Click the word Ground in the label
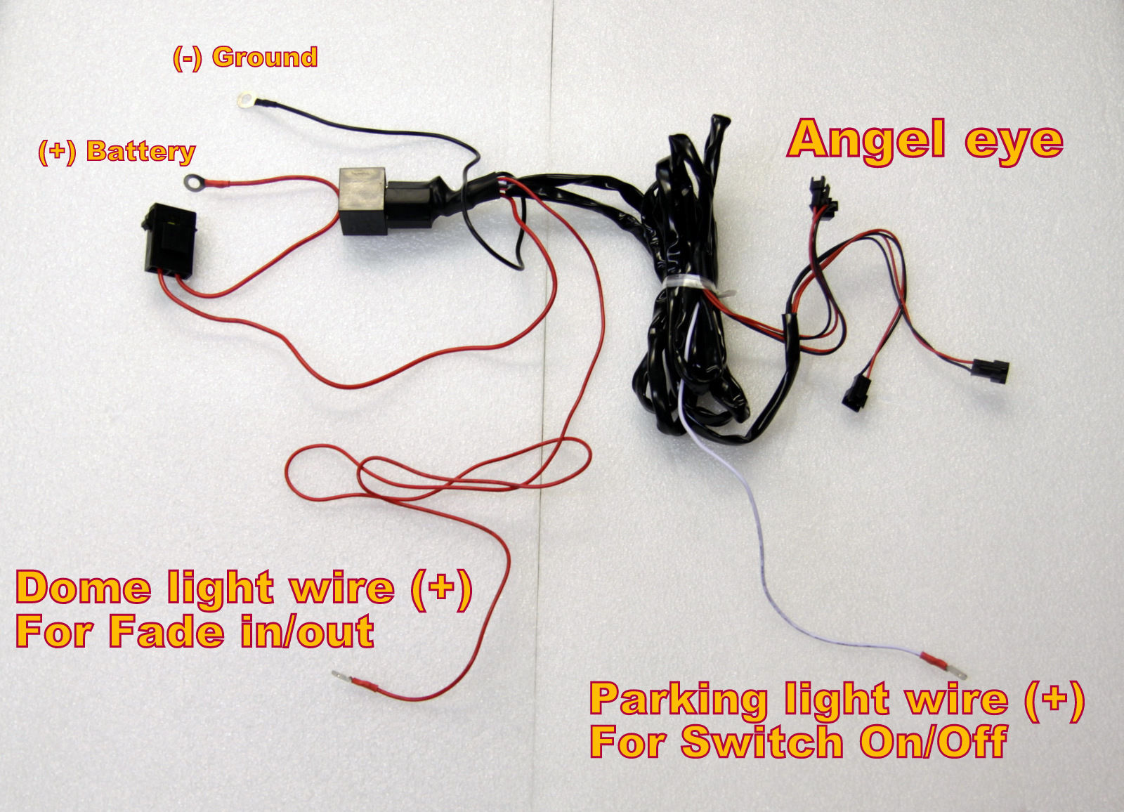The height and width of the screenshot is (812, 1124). point(265,58)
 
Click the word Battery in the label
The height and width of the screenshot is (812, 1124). point(141,152)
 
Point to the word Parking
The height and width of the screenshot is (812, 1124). point(678,701)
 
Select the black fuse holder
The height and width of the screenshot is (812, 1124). point(169,239)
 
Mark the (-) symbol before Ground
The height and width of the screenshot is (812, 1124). point(187,58)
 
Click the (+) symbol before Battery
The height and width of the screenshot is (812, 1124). point(57,152)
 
